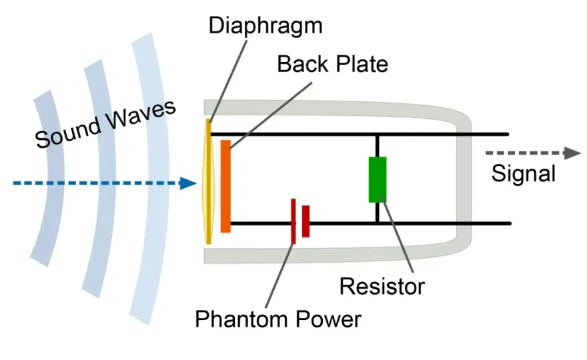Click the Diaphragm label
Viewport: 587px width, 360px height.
[x=265, y=27]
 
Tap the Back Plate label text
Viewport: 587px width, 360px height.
[x=332, y=65]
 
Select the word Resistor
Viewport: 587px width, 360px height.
[x=382, y=287]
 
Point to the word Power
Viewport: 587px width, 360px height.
[x=329, y=319]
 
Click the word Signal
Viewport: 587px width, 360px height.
[x=524, y=173]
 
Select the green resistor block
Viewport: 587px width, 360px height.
[x=378, y=179]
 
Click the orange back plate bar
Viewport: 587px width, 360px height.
[x=225, y=187]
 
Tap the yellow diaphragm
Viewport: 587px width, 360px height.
[x=209, y=181]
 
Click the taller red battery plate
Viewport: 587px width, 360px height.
[x=293, y=221]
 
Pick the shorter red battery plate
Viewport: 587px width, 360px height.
[x=306, y=221]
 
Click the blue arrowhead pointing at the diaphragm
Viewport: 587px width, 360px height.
[x=188, y=183]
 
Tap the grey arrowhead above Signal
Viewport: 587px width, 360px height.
[x=572, y=153]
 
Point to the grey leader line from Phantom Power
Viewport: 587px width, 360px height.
[x=279, y=275]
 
